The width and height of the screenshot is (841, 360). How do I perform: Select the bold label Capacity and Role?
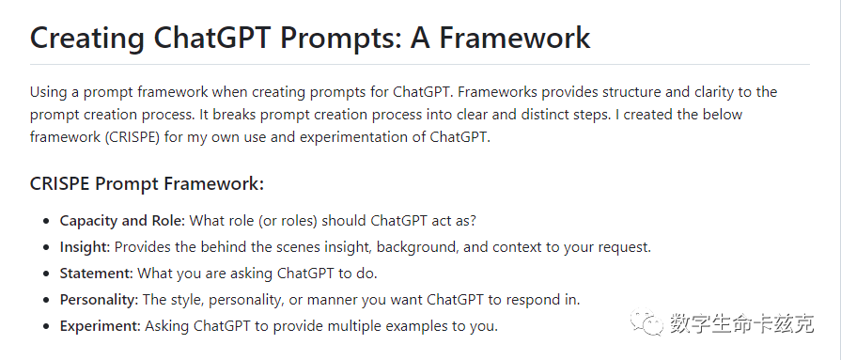[x=122, y=221]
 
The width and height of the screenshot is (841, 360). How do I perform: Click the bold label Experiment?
[x=101, y=325]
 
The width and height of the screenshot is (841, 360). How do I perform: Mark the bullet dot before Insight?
[x=48, y=248]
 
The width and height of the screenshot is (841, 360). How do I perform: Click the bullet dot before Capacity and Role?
[x=48, y=222]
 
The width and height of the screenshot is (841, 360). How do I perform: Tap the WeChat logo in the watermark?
[x=646, y=322]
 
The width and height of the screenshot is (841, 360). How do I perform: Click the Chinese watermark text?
[x=741, y=323]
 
